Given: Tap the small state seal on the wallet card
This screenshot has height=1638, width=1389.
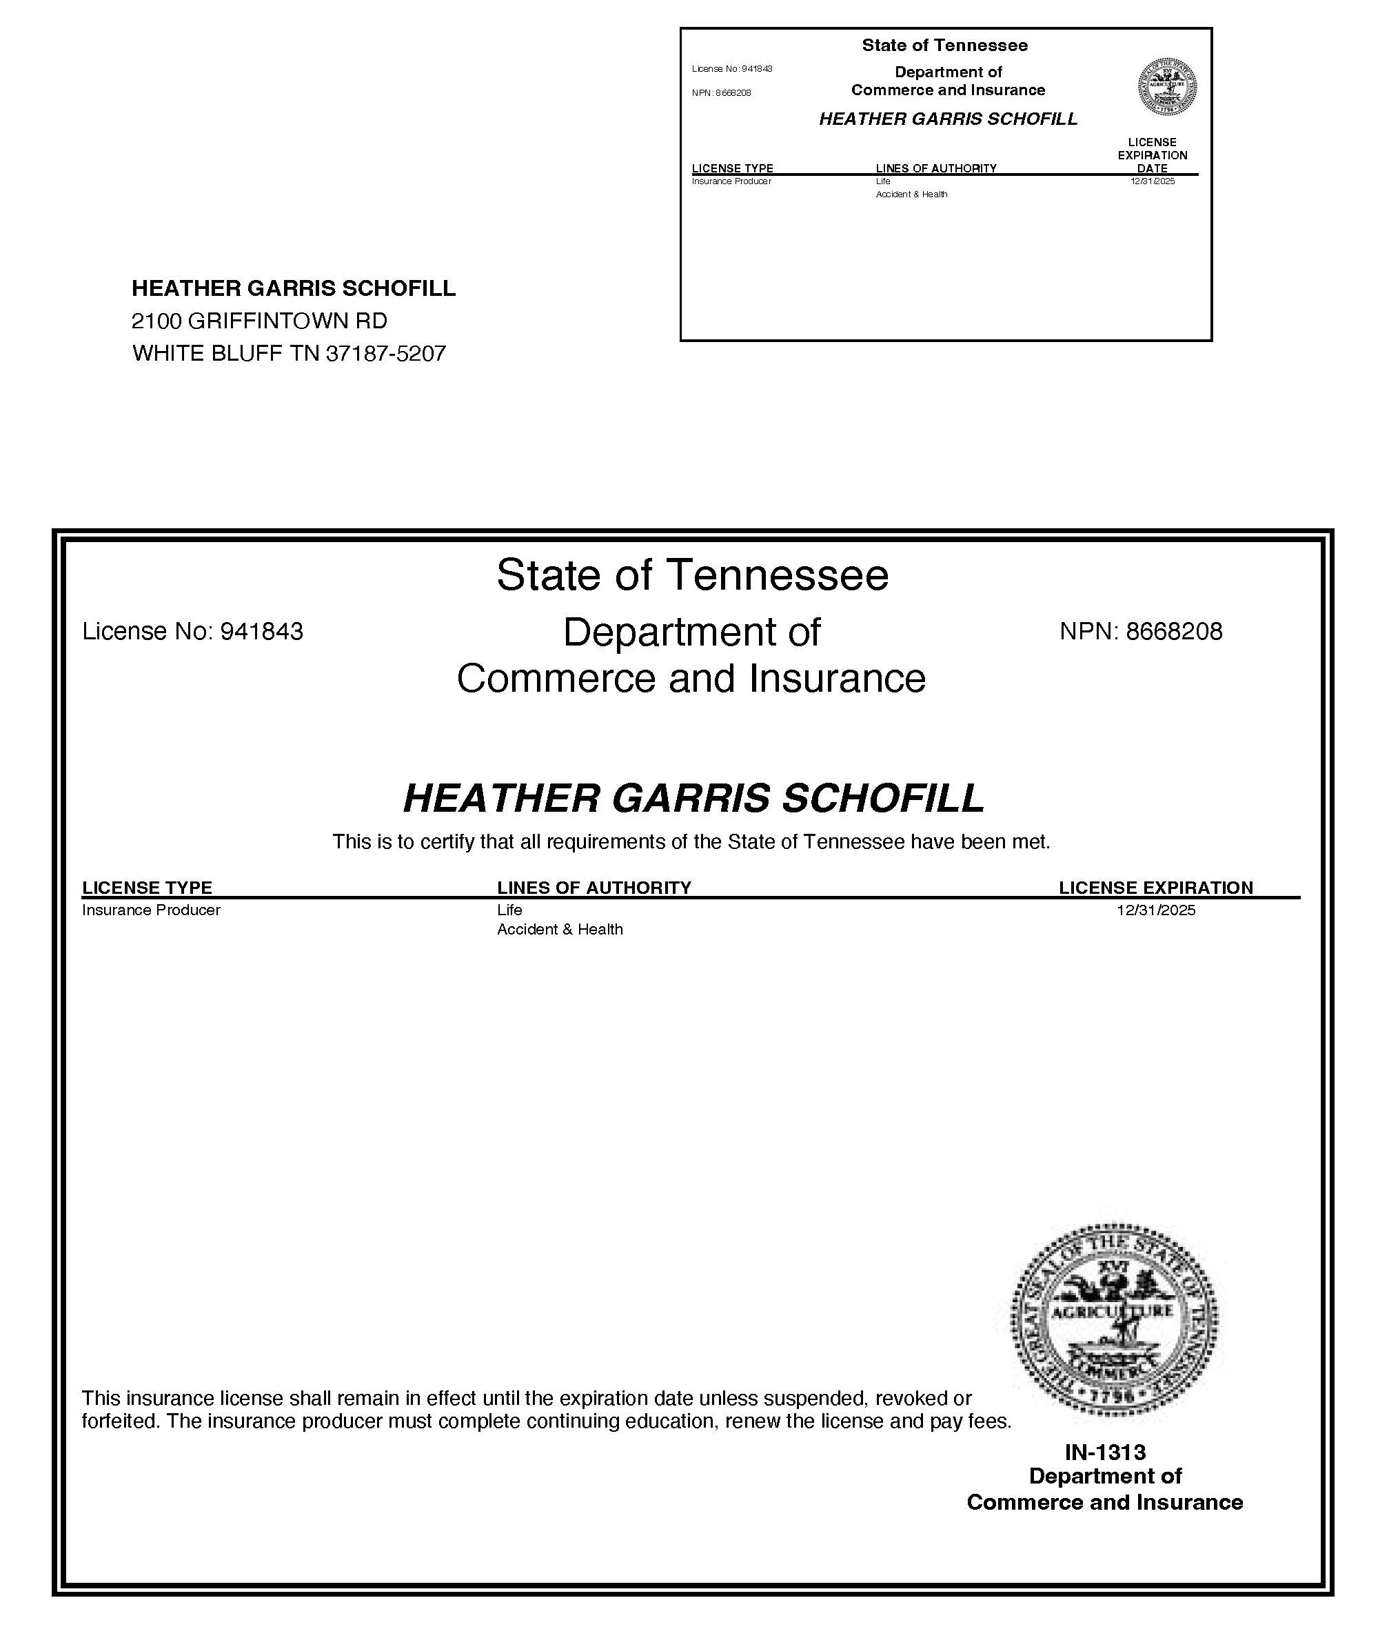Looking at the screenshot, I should click(1167, 87).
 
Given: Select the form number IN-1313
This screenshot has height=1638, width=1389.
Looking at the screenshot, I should click(1105, 1451).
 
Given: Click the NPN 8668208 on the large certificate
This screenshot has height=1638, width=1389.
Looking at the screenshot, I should click(1141, 631).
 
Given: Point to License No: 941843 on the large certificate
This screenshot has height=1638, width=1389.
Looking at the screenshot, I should click(192, 631).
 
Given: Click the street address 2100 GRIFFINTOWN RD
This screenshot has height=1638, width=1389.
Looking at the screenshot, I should click(259, 321).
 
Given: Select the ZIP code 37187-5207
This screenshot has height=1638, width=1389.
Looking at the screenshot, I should click(386, 353).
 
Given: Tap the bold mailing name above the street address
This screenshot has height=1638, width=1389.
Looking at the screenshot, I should click(293, 288).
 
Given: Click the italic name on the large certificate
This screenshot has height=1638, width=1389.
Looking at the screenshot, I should click(693, 798).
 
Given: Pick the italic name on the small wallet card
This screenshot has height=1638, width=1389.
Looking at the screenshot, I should click(948, 119).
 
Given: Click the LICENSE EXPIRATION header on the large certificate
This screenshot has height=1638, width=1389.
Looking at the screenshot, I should click(1155, 887).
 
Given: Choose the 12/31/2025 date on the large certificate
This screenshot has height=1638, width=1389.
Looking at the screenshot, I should click(1155, 910).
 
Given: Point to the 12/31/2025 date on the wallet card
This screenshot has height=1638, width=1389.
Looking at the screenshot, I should click(1152, 181).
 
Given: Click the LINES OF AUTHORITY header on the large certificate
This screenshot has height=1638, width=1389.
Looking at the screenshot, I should click(594, 887).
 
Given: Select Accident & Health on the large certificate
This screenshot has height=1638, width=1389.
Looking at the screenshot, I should click(559, 930).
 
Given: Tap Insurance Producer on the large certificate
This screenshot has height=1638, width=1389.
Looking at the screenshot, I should click(150, 910).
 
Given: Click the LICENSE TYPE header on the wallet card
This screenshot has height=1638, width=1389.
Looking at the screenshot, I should click(732, 168).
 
